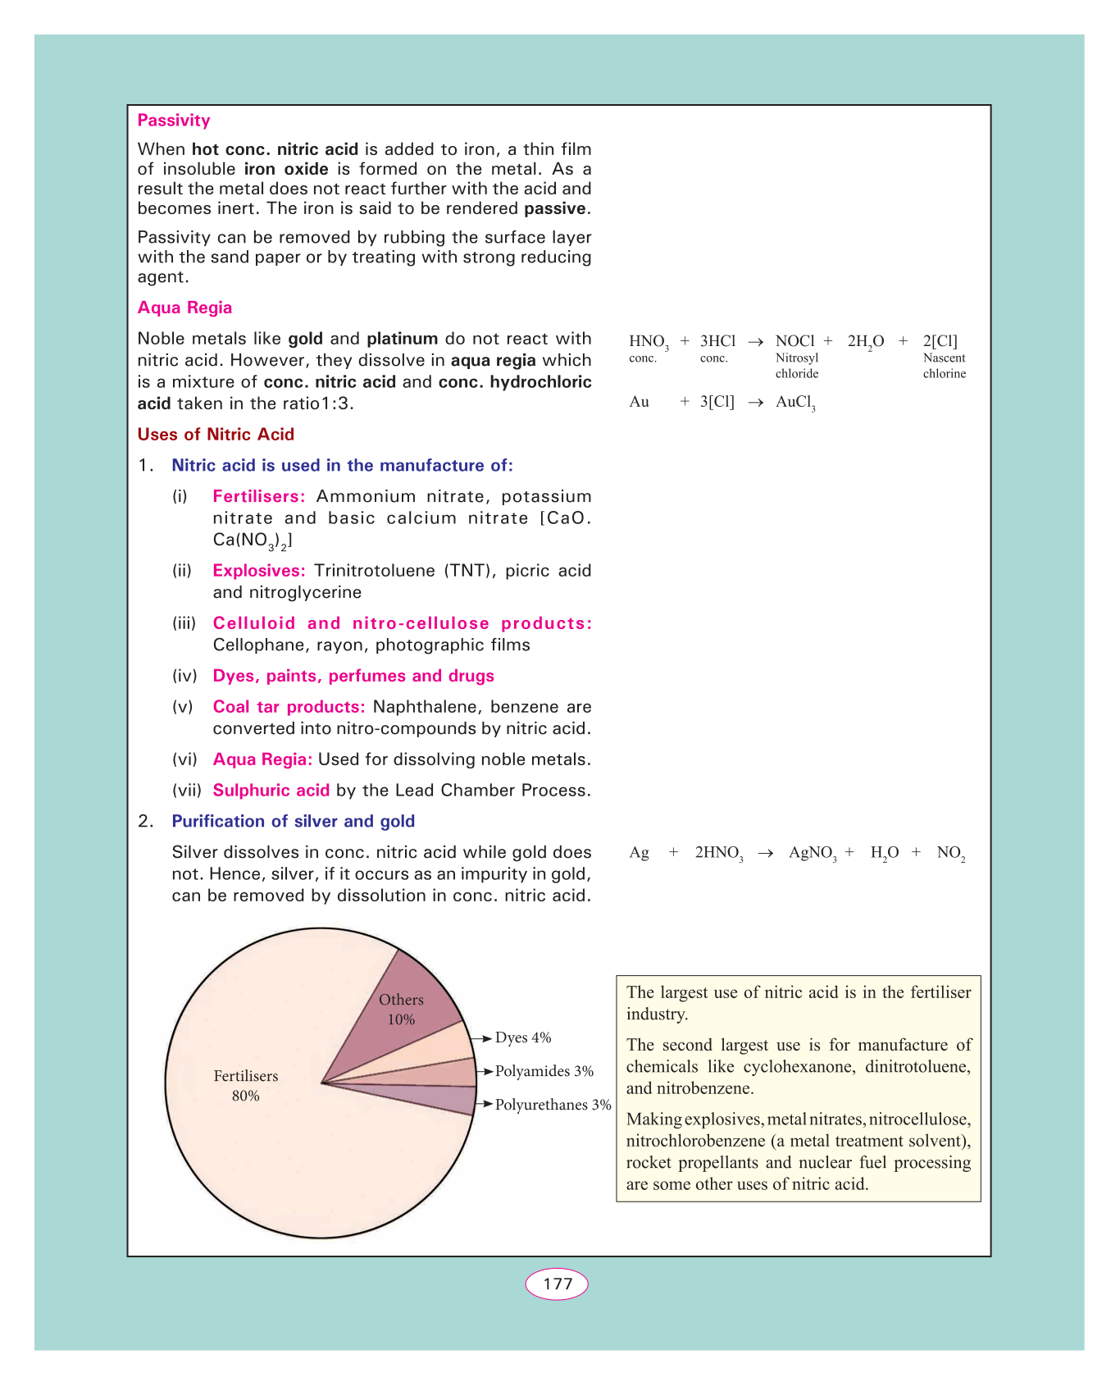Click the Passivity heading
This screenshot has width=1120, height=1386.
click(174, 121)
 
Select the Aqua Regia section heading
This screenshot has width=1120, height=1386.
click(184, 308)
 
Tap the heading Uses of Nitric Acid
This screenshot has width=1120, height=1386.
click(216, 435)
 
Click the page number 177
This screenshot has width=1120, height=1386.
click(557, 1283)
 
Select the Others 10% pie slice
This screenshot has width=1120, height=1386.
click(402, 1010)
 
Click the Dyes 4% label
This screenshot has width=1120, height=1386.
click(523, 1038)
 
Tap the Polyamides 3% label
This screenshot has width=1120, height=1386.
click(544, 1071)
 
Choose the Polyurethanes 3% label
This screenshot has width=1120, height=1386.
click(553, 1105)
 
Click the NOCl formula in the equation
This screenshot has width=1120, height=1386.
click(794, 341)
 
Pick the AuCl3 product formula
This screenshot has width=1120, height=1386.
click(795, 402)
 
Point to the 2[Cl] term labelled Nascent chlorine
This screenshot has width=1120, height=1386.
click(940, 341)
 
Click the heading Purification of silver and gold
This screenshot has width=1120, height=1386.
click(293, 821)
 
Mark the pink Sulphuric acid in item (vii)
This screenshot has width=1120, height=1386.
click(271, 791)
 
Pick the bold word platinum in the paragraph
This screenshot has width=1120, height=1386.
click(403, 339)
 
